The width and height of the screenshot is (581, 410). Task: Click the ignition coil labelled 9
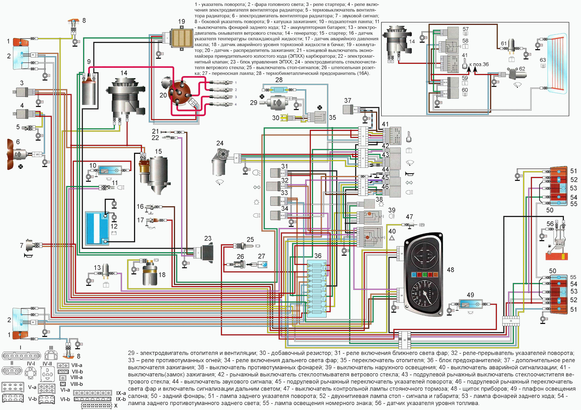coord(89,91)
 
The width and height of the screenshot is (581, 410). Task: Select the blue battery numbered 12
coord(97,228)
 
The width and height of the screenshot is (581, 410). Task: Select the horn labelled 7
coord(31,245)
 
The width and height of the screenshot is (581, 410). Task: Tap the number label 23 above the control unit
coord(208,238)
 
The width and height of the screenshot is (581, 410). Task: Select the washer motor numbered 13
coord(106,270)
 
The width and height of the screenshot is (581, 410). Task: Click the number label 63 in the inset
coord(543,60)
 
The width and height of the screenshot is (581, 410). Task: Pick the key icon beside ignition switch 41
coord(409,137)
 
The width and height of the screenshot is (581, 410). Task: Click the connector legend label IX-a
coord(121,393)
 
